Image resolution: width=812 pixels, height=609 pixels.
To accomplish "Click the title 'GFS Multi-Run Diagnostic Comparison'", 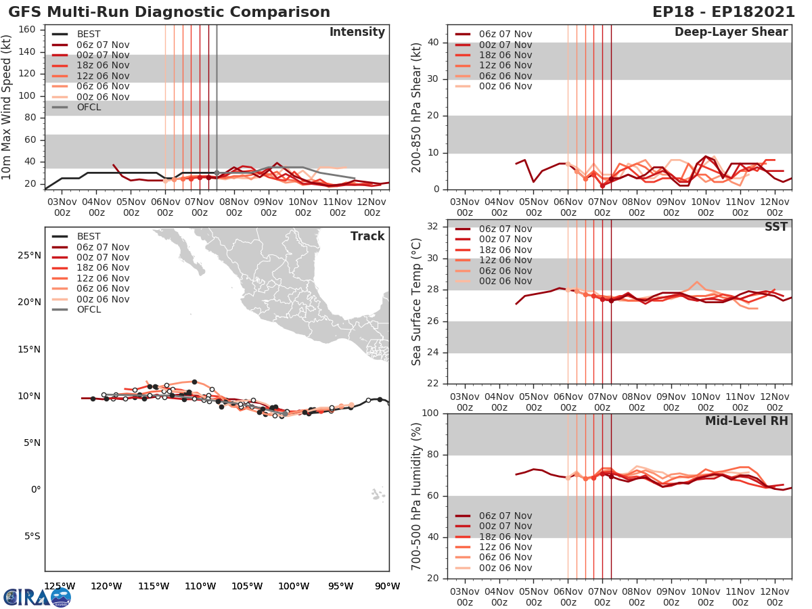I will point(169,12).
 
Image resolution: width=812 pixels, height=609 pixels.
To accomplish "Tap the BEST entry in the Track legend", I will point(88,237).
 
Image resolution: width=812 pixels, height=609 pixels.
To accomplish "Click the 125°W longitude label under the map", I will point(60,586).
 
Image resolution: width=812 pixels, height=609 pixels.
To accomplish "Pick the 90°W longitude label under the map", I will point(387,586).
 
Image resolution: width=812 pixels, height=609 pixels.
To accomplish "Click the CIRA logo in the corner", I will point(37,597).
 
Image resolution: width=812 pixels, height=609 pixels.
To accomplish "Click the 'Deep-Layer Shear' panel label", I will point(731,32).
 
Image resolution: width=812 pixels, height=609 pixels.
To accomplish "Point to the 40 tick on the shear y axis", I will point(432,43).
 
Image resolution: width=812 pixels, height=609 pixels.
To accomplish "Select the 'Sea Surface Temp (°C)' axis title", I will point(416,302).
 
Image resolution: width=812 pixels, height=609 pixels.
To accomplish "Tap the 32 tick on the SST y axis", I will point(432,227).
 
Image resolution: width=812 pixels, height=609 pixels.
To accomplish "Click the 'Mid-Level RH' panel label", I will point(746,421).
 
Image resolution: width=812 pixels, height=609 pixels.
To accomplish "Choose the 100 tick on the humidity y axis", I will point(430,413).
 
